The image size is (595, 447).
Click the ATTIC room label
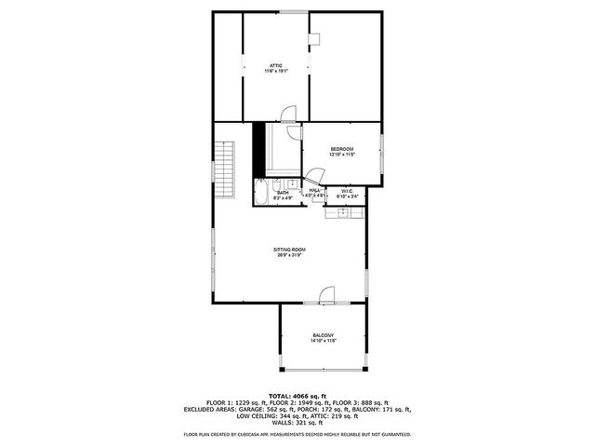[276, 65]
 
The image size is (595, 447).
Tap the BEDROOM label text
[342, 149]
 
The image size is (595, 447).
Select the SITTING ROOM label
[289, 250]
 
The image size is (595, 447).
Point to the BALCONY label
[323, 335]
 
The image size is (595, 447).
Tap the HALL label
[315, 191]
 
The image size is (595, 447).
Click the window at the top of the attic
[296, 12]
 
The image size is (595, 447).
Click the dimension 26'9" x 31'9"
[289, 256]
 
